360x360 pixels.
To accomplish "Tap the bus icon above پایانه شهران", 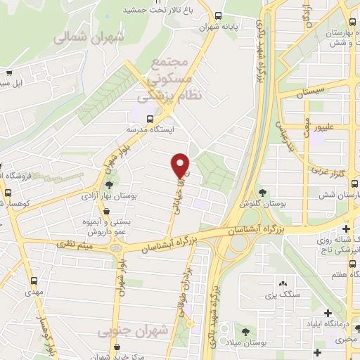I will click(x=219, y=15).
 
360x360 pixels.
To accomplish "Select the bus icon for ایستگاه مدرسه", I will click(x=149, y=119).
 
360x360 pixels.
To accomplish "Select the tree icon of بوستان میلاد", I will click(x=245, y=331).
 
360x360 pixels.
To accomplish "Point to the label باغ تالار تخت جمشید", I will click(x=149, y=10).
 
